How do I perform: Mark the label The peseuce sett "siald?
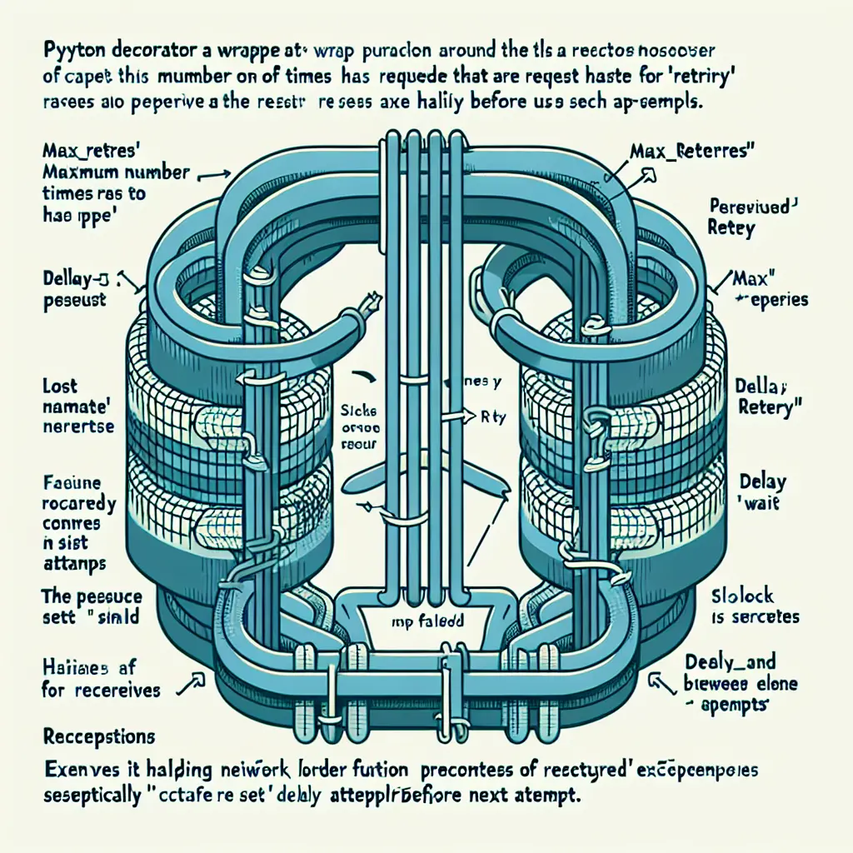(x=92, y=608)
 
